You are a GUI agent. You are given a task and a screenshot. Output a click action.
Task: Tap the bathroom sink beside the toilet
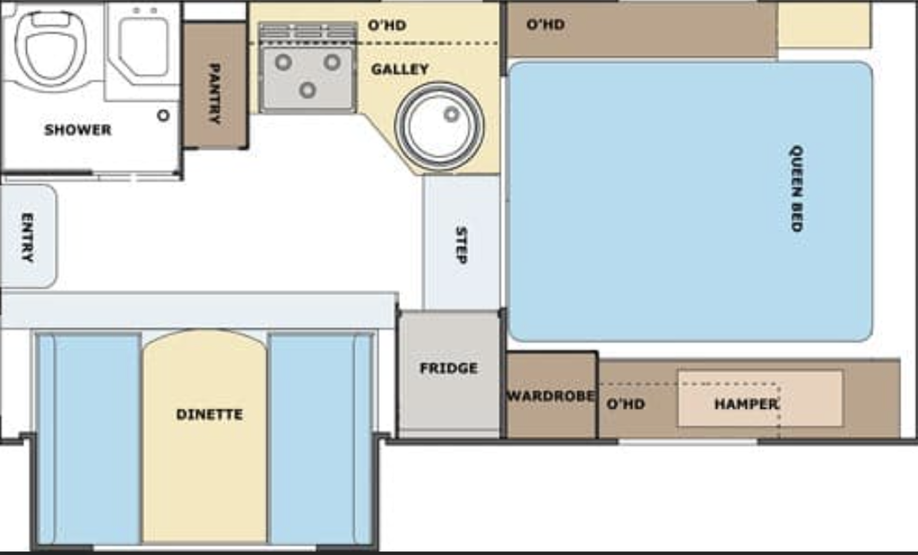point(143,47)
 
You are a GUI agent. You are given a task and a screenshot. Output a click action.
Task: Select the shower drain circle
point(163,116)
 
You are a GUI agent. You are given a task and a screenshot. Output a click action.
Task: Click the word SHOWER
point(78,129)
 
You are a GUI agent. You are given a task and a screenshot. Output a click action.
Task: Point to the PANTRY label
point(214,93)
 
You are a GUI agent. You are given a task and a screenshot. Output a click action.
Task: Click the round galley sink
point(439,126)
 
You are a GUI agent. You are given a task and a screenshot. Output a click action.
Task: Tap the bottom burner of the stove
point(308,91)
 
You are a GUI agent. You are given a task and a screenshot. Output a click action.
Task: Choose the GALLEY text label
point(400,69)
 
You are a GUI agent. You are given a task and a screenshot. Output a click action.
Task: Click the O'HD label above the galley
point(387,25)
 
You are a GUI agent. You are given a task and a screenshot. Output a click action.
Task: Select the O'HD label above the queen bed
point(546,24)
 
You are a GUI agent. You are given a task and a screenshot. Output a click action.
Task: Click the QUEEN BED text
point(796,188)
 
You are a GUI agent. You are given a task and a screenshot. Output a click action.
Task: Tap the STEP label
point(462,245)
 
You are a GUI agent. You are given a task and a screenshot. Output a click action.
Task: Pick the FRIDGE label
point(448,369)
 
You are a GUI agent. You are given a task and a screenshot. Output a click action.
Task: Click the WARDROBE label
point(551,395)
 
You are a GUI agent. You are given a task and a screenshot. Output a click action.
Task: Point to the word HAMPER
point(747,404)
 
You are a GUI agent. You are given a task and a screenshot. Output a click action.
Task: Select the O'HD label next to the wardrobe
point(626,404)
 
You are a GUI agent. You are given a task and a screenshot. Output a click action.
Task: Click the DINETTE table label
point(210,414)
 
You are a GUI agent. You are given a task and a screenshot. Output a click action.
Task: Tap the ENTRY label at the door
point(27,237)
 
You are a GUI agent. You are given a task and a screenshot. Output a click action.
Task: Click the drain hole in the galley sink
point(451,114)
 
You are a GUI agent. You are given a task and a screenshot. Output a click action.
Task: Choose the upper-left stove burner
point(283,62)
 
